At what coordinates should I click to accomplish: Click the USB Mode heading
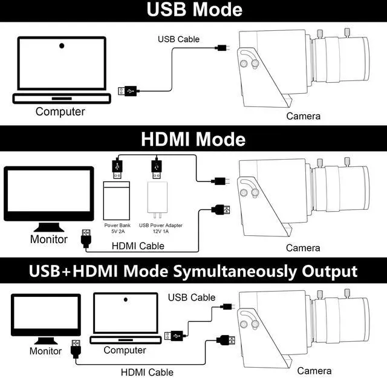[193, 10]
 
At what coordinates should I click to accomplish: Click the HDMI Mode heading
[193, 139]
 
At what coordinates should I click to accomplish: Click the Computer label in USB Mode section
[60, 111]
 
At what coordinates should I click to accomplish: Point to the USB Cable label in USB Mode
[178, 39]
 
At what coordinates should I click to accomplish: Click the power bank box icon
[117, 200]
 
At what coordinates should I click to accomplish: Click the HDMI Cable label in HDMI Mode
[138, 246]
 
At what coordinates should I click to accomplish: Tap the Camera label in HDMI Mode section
[303, 248]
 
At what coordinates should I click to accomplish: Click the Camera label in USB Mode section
[304, 116]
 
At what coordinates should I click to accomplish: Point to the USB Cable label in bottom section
[192, 298]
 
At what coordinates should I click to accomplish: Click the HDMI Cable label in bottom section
[148, 372]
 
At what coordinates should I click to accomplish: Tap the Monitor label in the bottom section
[46, 351]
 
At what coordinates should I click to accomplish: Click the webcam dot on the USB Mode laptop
[62, 45]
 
